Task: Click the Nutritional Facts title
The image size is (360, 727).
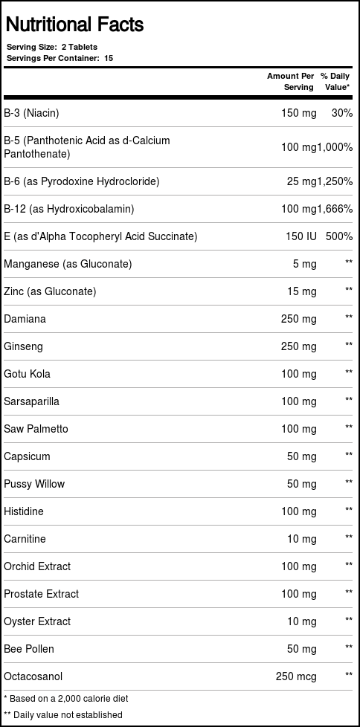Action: tap(74, 25)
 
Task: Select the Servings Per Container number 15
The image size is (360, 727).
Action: tap(109, 57)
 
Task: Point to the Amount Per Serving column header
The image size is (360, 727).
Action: tap(291, 81)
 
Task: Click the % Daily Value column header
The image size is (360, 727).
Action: tap(335, 81)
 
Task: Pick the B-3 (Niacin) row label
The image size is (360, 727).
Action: tap(31, 113)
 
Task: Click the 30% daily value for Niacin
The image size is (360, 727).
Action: tap(342, 113)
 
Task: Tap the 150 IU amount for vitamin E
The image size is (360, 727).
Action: tap(300, 236)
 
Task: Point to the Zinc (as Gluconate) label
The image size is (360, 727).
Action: tap(50, 291)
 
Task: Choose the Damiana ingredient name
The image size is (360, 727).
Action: tap(25, 319)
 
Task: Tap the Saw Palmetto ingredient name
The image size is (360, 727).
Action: tap(36, 429)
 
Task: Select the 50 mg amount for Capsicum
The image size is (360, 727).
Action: tap(302, 456)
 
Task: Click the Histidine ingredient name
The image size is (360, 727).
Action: tap(24, 511)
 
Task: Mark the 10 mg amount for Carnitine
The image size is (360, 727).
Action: tap(302, 539)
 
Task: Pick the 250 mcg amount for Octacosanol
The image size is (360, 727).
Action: tap(296, 676)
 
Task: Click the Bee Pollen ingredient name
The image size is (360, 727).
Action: tap(29, 649)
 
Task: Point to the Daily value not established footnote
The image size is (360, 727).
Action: tap(63, 714)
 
